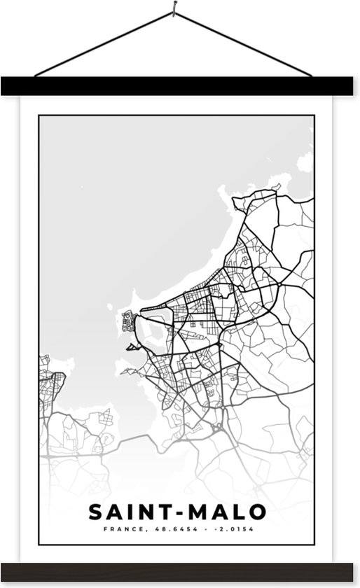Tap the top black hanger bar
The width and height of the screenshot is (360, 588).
(x=180, y=86)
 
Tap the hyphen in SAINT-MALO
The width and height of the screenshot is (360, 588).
(x=176, y=512)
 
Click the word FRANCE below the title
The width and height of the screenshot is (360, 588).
(x=124, y=529)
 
